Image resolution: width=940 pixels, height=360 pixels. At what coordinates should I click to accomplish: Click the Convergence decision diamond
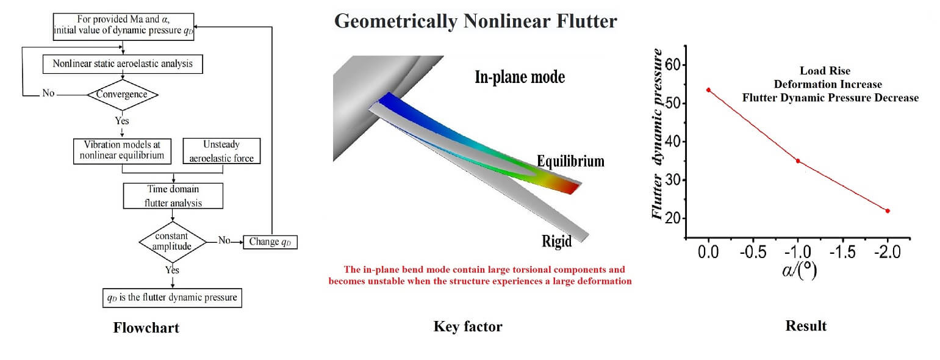pos(123,95)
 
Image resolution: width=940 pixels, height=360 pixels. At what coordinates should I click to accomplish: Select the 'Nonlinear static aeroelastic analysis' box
pos(123,64)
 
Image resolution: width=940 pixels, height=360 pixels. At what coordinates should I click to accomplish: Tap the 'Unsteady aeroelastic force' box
pos(221,151)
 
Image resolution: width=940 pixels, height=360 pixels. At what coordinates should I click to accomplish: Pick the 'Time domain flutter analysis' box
pos(173,196)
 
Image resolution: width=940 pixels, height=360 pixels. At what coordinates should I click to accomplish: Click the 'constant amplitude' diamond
pos(173,242)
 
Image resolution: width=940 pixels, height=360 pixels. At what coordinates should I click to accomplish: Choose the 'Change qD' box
pos(270,242)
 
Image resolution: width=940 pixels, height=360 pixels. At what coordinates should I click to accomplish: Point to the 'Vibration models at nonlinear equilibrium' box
pos(122,151)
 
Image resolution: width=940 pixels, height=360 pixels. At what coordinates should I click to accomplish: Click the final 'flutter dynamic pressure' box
pos(172,298)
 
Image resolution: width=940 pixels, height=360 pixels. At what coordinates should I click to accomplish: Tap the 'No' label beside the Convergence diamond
pos(48,93)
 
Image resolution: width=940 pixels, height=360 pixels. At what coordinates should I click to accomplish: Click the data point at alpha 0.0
pos(708,90)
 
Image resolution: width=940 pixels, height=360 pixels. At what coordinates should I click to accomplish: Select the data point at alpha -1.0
pos(798,161)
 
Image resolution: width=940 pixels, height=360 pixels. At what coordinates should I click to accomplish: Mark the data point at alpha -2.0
pos(888,211)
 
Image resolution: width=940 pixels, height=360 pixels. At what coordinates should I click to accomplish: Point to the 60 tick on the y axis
pos(684,65)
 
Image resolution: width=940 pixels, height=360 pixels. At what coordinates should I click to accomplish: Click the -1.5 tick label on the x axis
pos(842,252)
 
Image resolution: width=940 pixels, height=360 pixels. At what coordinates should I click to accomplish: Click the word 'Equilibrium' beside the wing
pos(571,162)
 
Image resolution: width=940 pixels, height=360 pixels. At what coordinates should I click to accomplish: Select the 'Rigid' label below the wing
pos(556,242)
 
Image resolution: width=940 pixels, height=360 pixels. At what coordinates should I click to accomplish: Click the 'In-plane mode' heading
pos(520,77)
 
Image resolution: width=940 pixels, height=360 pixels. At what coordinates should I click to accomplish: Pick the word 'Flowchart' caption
pos(146,328)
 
